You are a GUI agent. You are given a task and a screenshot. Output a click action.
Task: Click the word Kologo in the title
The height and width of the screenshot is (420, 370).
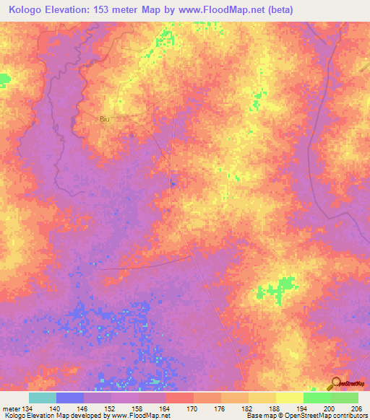click(27, 10)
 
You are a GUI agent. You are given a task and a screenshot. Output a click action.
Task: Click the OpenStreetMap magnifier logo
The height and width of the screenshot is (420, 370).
click(335, 385)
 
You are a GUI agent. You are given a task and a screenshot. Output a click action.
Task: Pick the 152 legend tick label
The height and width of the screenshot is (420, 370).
click(111, 408)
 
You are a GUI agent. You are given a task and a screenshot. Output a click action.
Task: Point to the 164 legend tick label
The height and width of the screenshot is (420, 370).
click(165, 408)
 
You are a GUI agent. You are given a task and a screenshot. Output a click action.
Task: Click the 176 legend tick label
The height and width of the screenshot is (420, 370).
click(220, 408)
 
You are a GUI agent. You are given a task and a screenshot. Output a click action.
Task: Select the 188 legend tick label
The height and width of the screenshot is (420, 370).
click(275, 408)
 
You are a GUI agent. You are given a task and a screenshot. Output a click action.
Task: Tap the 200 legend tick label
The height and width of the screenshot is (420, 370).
click(330, 408)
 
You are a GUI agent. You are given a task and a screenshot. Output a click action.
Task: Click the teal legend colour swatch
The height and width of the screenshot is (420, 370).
click(42, 398)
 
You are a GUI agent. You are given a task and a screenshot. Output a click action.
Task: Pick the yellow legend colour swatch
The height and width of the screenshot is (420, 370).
click(289, 398)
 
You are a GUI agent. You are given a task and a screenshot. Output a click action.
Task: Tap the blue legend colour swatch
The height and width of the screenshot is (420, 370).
click(69, 398)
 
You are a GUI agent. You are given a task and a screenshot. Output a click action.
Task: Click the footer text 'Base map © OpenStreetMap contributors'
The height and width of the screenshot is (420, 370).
click(305, 416)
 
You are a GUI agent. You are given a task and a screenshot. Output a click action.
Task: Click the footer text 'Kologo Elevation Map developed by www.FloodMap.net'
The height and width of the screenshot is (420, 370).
click(86, 416)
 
